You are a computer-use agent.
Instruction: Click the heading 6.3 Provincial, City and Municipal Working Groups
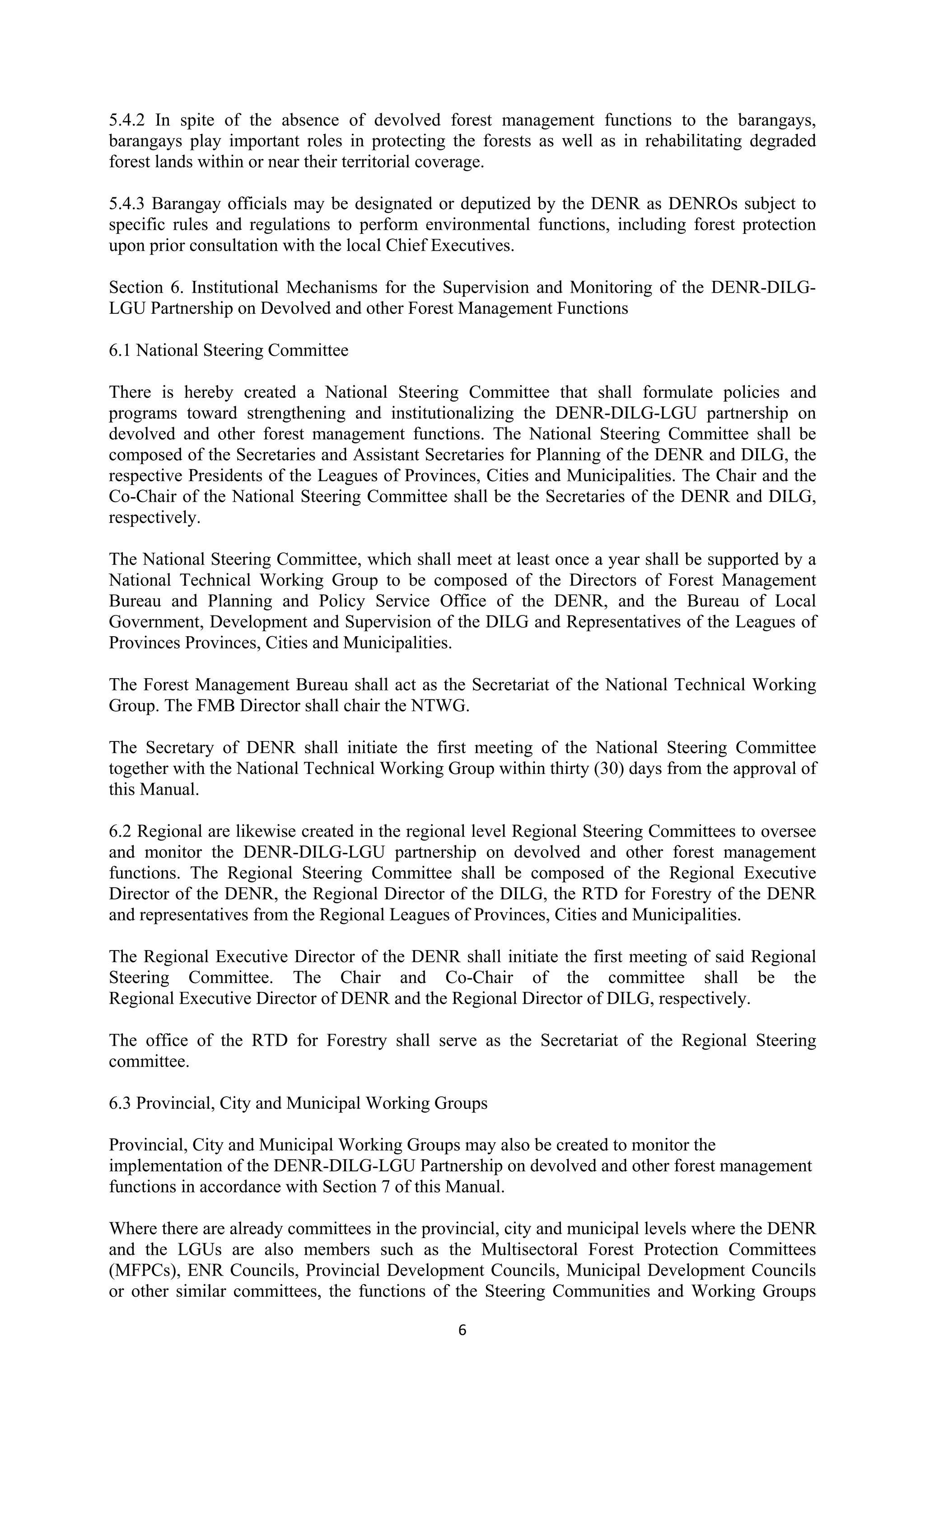point(298,1104)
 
